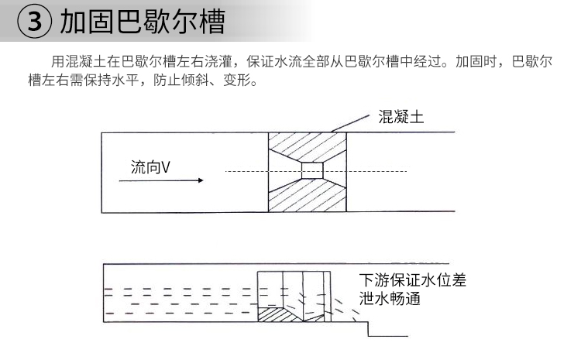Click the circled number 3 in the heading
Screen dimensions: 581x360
point(34,21)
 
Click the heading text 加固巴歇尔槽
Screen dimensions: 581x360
point(143,22)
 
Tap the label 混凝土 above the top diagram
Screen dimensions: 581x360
point(401,117)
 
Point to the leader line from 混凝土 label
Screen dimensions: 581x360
point(350,123)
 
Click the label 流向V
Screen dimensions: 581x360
point(150,167)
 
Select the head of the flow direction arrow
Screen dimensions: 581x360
point(201,180)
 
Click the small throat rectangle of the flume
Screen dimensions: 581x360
point(312,170)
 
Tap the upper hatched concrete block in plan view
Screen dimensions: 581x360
point(308,146)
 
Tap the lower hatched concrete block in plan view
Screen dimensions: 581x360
point(308,195)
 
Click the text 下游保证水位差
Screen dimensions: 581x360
point(412,280)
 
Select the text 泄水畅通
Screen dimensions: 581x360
point(390,298)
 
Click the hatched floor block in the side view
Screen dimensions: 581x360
point(276,314)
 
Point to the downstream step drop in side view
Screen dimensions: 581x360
point(368,329)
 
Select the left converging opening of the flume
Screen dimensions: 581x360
point(285,170)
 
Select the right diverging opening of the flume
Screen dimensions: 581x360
point(335,170)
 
